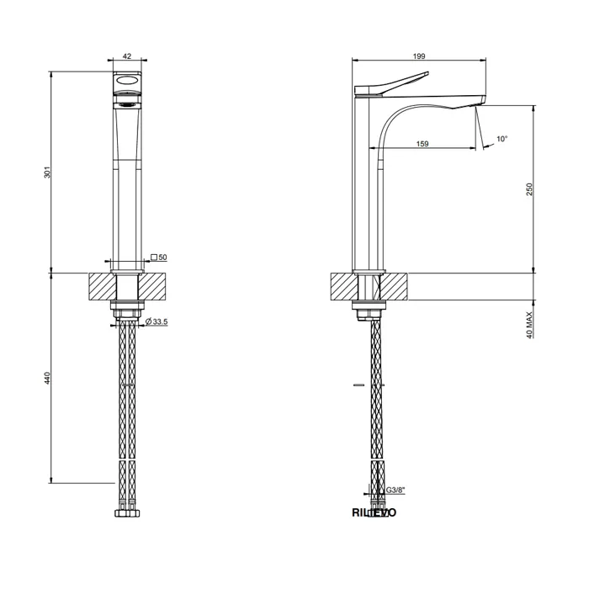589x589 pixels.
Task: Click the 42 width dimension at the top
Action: (127, 56)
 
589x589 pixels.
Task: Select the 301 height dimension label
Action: (49, 172)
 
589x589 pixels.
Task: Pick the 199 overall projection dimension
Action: (418, 56)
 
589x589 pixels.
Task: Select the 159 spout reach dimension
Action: (422, 144)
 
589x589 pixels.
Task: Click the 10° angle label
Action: (501, 139)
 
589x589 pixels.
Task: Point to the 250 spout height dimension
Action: (529, 190)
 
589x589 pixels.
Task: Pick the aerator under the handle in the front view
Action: (127, 104)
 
